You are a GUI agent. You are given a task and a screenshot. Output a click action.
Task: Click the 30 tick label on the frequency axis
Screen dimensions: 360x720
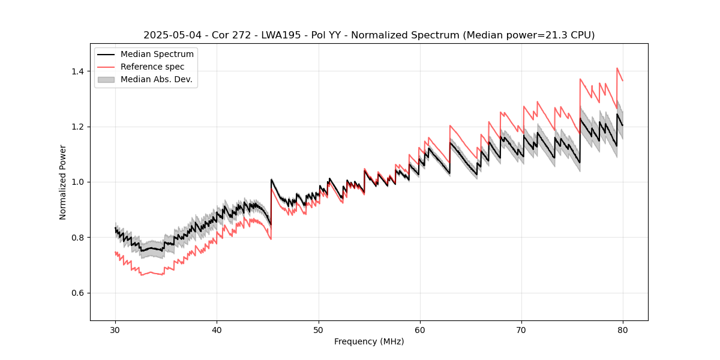tap(115, 329)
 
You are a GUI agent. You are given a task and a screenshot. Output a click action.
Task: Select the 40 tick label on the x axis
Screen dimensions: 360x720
tap(217, 329)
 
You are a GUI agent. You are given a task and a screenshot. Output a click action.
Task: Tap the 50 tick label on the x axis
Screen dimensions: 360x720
tap(318, 329)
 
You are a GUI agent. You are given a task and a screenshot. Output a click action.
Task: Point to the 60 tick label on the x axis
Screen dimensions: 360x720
tap(419, 329)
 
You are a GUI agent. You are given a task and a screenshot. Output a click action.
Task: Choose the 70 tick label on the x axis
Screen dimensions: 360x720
tap(521, 329)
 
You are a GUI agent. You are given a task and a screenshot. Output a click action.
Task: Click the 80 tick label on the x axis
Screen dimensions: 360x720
tap(622, 329)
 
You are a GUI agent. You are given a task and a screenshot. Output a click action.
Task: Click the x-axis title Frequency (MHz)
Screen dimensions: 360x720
tap(369, 341)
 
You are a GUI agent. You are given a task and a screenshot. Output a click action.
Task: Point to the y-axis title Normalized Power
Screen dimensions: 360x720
tap(63, 182)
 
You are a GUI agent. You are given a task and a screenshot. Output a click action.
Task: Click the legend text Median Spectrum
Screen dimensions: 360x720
tap(157, 55)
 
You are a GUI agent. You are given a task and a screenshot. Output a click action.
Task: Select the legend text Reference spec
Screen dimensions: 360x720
tap(152, 67)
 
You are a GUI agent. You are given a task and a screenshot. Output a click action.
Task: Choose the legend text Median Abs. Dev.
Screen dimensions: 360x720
tap(157, 79)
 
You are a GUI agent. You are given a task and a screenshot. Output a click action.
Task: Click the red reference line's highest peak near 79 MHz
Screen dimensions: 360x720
tap(617, 68)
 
